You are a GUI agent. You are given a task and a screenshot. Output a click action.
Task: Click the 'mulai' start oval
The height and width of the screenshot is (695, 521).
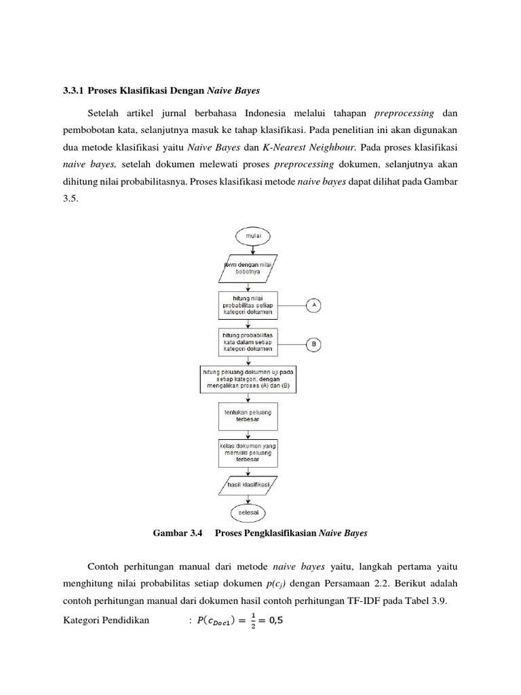252,236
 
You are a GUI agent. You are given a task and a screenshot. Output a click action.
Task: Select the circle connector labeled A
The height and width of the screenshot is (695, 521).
313,305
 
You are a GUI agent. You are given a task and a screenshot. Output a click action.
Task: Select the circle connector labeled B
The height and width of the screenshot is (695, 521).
313,345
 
